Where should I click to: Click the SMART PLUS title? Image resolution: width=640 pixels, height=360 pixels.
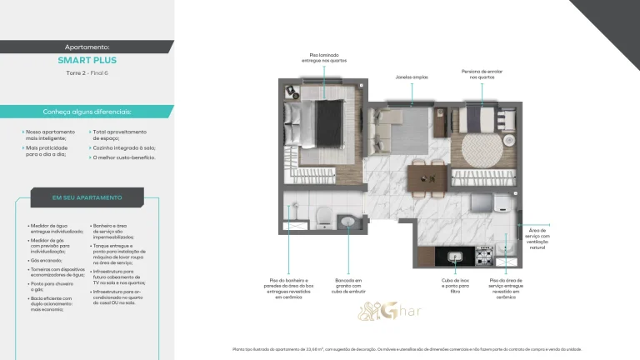[x=87, y=61]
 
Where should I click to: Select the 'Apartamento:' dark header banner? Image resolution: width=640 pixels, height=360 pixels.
[x=87, y=47]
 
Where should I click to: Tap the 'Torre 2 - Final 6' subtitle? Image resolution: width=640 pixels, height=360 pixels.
[x=87, y=73]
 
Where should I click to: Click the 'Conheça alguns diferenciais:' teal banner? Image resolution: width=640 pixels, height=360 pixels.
[x=87, y=112]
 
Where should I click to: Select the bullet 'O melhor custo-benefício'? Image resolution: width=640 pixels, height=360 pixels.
[x=123, y=157]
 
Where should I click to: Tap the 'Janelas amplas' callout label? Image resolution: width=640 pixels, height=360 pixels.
[x=412, y=77]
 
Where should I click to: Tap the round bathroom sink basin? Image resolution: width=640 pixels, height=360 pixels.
[x=348, y=221]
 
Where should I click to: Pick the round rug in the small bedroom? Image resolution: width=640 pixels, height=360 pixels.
[x=482, y=151]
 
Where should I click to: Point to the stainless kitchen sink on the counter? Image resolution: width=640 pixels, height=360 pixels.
[x=456, y=258]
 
